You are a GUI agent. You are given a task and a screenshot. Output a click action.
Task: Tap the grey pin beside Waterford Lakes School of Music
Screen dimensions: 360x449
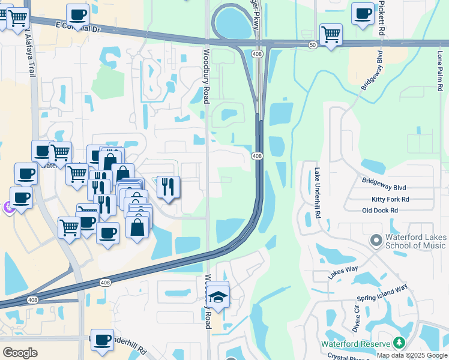click(376, 241)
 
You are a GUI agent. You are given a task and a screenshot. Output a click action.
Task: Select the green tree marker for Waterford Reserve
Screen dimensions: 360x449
click(399, 343)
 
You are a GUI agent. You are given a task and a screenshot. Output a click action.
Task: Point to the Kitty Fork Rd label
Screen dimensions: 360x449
click(390, 199)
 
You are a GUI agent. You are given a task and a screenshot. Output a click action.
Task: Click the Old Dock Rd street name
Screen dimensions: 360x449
click(380, 211)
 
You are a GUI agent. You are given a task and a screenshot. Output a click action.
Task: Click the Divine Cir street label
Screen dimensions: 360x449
click(357, 317)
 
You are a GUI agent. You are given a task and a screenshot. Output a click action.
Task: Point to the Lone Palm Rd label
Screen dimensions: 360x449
click(440, 67)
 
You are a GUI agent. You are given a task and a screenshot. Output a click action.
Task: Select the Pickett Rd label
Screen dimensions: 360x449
click(381, 18)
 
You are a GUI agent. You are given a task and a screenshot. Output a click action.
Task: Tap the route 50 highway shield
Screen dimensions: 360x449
click(313, 46)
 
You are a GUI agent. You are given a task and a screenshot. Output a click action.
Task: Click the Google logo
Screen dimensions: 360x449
click(20, 353)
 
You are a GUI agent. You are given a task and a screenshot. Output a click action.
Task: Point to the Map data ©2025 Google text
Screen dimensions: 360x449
click(412, 355)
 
